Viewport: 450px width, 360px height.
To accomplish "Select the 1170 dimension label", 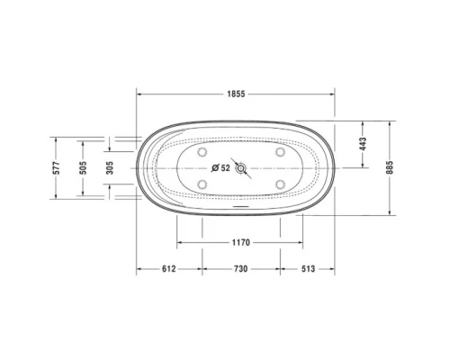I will coord(239,243).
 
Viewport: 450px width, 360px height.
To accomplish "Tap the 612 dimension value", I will coord(168,269).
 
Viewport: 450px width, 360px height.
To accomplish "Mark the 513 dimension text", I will coord(306,269).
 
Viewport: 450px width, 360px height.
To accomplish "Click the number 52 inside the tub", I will coord(226,168).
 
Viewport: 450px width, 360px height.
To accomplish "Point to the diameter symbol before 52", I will coord(215,168).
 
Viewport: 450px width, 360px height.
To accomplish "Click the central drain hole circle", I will coord(240,168).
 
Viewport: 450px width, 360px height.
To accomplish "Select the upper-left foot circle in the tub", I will coord(201,152).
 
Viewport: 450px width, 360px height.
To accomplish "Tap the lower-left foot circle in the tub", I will coord(201,185).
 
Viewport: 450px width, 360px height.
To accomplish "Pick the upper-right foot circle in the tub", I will coord(280,152).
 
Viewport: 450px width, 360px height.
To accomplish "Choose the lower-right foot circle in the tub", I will coord(280,185).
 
